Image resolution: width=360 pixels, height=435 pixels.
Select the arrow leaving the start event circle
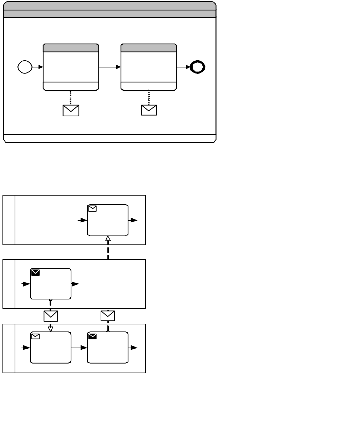click(x=37, y=67)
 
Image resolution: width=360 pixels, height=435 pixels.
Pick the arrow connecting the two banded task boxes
click(x=110, y=67)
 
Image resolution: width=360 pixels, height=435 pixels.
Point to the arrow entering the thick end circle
click(x=184, y=67)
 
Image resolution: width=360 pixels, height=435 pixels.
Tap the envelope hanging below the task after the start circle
click(x=71, y=110)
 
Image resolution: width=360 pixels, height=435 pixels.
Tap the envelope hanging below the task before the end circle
click(x=149, y=110)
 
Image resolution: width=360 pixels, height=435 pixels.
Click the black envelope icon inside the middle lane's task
click(x=35, y=273)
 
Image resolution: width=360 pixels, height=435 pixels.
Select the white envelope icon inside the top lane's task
click(x=92, y=209)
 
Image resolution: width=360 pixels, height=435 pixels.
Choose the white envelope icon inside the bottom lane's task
click(x=35, y=336)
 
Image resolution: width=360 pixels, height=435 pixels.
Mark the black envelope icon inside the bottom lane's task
click(x=92, y=336)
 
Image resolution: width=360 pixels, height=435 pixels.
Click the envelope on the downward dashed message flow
click(x=50, y=316)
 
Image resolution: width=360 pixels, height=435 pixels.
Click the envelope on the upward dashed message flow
click(x=108, y=316)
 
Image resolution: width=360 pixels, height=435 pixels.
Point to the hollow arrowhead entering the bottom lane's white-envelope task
click(x=50, y=329)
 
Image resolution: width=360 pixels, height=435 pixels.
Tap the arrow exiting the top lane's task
click(x=133, y=221)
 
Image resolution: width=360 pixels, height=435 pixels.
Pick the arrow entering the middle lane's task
click(x=26, y=284)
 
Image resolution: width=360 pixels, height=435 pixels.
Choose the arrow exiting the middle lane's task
click(x=75, y=284)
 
